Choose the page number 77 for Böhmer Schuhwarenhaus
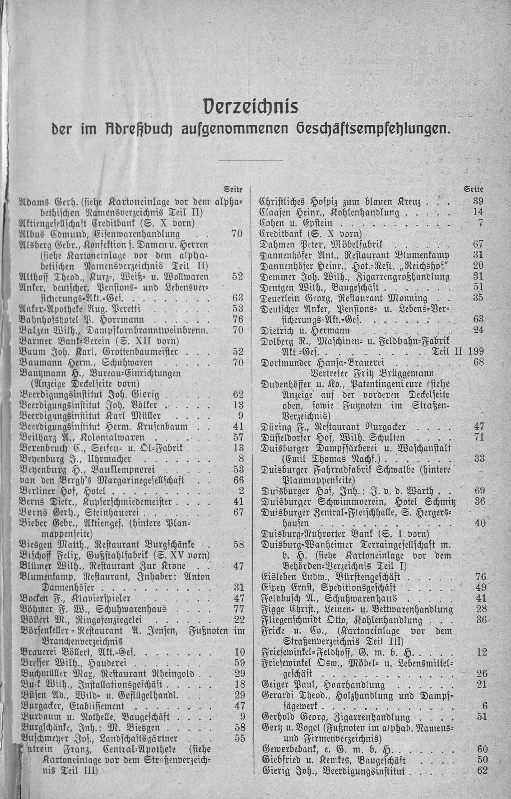coord(239,609)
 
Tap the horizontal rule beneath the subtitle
coord(251,159)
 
